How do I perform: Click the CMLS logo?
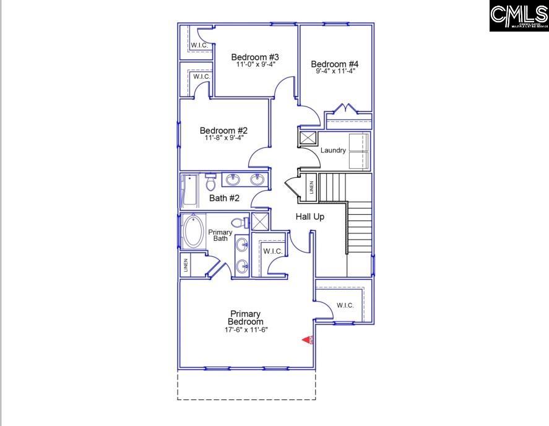[x=519, y=17]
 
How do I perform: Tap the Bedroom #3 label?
[x=251, y=58]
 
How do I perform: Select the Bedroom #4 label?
[x=335, y=64]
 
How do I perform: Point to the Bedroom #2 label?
[x=223, y=131]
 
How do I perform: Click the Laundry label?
[x=333, y=150]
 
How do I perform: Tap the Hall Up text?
[x=309, y=217]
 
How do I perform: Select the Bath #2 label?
[x=224, y=198]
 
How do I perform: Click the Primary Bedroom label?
[x=246, y=318]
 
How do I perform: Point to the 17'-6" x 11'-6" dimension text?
[x=246, y=330]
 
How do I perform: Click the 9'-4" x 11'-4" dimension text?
[x=335, y=71]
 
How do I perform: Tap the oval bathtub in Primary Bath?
[x=194, y=232]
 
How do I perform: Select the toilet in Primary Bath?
[x=238, y=222]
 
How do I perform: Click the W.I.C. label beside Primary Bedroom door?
[x=345, y=305]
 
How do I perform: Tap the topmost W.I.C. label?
[x=199, y=45]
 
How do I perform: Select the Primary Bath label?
[x=221, y=235]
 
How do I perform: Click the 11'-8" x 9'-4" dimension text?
[x=223, y=137]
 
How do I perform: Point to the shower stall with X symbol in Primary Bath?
[x=261, y=222]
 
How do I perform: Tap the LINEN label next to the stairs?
[x=311, y=188]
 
